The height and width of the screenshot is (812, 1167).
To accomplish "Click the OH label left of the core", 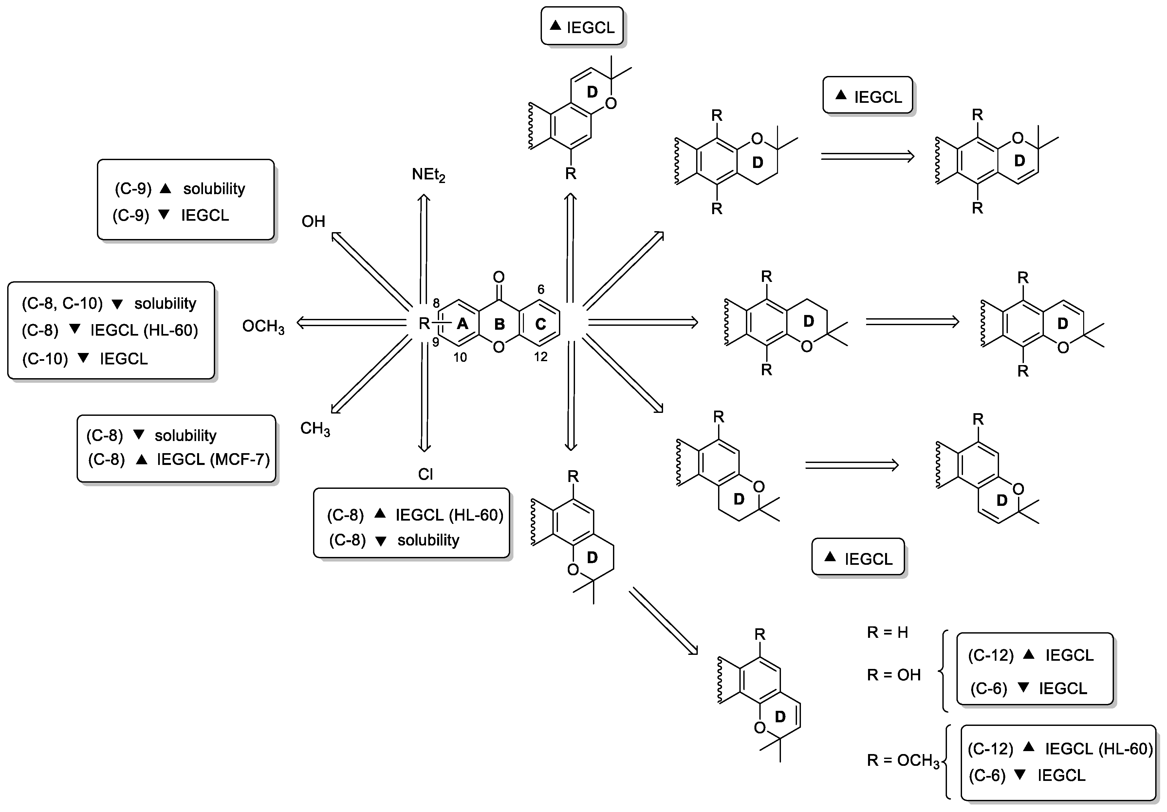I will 313,222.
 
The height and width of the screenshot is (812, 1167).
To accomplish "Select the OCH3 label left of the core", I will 263,326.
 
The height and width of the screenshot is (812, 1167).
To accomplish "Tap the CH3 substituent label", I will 315,429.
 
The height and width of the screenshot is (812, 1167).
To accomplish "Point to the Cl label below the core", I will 425,474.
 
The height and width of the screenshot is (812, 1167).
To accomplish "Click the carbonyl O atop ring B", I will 499,277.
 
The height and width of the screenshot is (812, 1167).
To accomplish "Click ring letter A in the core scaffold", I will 462,324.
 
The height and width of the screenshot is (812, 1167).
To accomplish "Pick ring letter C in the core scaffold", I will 540,324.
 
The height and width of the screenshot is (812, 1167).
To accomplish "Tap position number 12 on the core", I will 540,357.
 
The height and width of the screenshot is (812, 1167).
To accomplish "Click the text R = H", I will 887,633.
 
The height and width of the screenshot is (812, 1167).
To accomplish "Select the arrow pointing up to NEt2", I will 424,244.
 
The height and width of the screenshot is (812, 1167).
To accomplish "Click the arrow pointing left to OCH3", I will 351,322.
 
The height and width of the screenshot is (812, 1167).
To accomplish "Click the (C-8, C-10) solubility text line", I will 109,304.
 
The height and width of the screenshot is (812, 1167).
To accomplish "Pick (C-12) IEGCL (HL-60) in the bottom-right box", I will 1059,748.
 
